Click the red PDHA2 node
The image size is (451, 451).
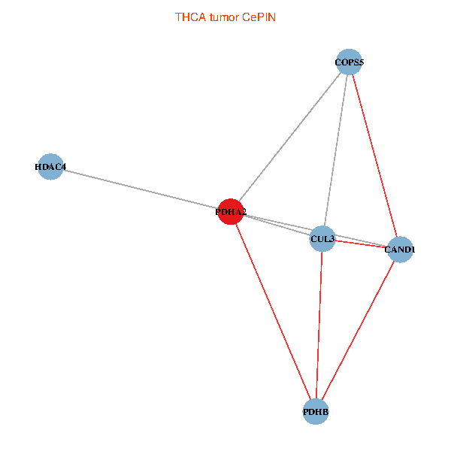pos(231,212)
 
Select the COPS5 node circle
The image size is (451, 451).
pos(350,62)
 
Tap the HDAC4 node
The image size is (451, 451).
pos(50,166)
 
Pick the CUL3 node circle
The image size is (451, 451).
pos(322,238)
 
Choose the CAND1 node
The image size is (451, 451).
pos(399,249)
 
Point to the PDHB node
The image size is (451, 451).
pos(316,412)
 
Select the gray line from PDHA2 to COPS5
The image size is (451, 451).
pos(290,137)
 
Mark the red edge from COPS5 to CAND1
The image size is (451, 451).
pos(374,155)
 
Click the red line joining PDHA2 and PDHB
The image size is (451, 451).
pos(273,312)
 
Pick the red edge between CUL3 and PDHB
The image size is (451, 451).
pos(319,325)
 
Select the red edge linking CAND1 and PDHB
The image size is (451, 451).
pos(358,331)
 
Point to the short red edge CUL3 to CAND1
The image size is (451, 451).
pos(361,244)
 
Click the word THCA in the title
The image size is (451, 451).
pos(188,17)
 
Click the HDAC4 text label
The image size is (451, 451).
pos(50,166)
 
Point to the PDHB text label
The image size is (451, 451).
pos(316,413)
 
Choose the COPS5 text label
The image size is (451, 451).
pos(350,62)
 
